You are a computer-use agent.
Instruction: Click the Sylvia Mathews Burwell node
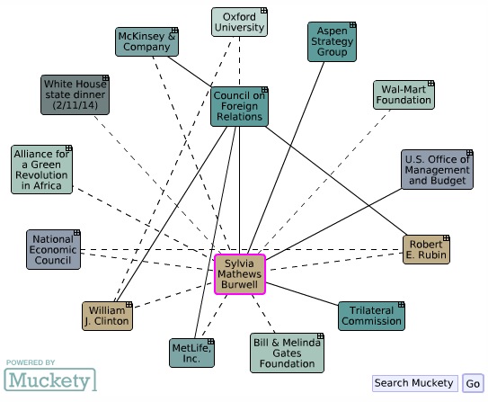click(240, 274)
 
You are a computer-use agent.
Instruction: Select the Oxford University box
click(239, 22)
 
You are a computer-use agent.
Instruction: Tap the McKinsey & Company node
click(146, 41)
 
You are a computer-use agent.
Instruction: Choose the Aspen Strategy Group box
click(333, 41)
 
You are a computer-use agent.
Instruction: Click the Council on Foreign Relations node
click(239, 106)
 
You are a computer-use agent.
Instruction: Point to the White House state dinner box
click(75, 94)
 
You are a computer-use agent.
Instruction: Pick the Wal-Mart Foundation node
click(404, 95)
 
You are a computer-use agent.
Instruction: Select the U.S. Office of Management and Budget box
click(437, 170)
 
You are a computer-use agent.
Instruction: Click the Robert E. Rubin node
click(426, 250)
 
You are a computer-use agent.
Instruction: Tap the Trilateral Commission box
click(371, 316)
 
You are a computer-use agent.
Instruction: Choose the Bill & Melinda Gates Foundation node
click(287, 353)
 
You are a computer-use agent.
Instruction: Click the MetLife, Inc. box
click(191, 353)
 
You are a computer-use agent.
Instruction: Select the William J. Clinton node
click(107, 316)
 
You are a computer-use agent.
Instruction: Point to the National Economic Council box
click(54, 250)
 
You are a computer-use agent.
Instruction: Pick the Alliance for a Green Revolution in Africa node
click(41, 170)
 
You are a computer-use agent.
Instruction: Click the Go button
click(473, 383)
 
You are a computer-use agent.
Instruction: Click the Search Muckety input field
click(415, 383)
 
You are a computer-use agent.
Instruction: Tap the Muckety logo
click(50, 380)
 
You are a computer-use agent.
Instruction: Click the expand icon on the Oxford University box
click(264, 11)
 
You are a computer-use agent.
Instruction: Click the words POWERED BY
click(31, 362)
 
